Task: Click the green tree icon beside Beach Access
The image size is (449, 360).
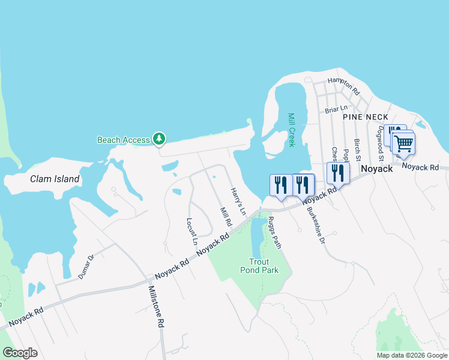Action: pos(159,140)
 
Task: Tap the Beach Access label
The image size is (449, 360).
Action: pos(124,140)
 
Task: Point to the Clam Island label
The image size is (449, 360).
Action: pos(55,179)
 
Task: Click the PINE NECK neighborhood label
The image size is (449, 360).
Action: pos(366,117)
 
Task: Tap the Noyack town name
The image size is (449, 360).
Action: pos(376,169)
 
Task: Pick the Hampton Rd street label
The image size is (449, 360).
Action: pos(343,86)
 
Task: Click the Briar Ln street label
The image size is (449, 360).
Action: pos(336,110)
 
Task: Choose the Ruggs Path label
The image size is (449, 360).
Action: pos(274,233)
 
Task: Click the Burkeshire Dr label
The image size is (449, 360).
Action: pos(316,225)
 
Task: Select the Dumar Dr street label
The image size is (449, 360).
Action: pos(86,267)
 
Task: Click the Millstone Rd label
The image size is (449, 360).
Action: pos(156,306)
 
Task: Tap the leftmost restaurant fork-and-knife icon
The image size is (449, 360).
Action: pos(281,185)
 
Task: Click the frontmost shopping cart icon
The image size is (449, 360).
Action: pos(404,143)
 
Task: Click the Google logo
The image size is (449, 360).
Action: pos(20,353)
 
